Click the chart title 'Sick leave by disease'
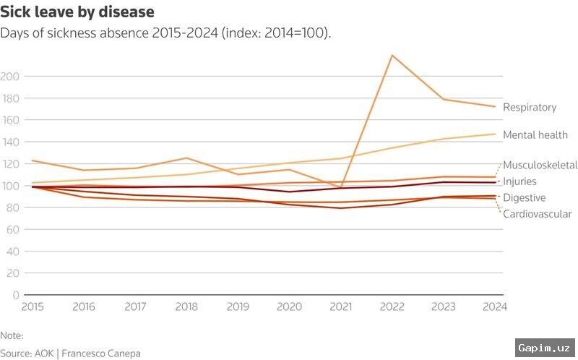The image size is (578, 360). click(x=77, y=12)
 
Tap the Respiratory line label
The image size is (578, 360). click(x=530, y=107)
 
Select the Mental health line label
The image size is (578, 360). click(x=535, y=135)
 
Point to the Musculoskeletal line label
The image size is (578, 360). click(x=540, y=165)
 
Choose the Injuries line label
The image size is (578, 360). click(x=519, y=181)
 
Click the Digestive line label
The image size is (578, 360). click(x=525, y=197)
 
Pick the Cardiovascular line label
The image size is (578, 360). click(x=538, y=214)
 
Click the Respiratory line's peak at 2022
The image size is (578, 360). click(x=392, y=56)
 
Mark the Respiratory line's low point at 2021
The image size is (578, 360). click(x=341, y=187)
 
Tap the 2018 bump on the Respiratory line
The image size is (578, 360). click(x=186, y=158)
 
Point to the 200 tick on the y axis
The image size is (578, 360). click(x=9, y=77)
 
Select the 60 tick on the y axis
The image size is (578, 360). click(x=12, y=229)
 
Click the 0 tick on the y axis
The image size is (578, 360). click(x=15, y=295)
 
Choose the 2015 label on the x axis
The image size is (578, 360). click(x=33, y=307)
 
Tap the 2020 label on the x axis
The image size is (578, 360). click(x=290, y=307)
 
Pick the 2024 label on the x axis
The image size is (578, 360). click(x=495, y=307)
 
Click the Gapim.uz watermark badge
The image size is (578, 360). click(x=545, y=348)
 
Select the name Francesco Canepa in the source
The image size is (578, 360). click(x=101, y=353)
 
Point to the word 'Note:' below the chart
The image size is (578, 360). click(x=12, y=335)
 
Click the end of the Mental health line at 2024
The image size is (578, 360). click(x=495, y=134)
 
